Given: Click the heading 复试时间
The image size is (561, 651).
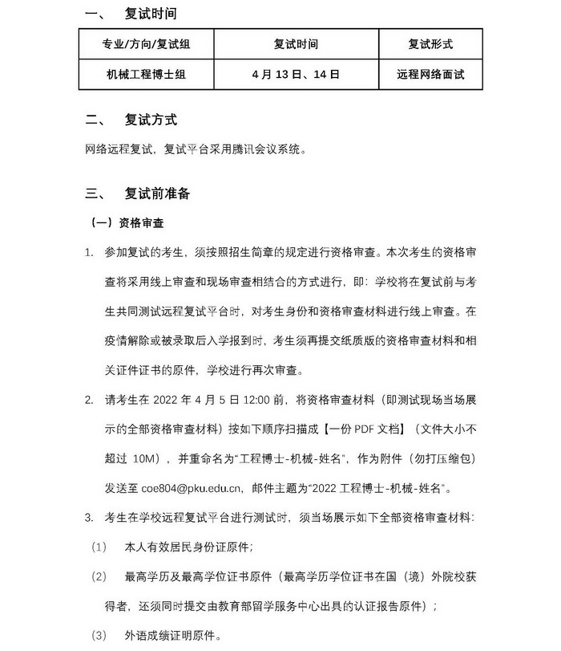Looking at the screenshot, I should [151, 14].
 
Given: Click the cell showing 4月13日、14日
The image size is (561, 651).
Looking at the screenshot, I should [295, 74].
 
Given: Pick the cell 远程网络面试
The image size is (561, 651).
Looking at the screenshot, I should [430, 74].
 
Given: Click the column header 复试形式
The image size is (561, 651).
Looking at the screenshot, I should [430, 44].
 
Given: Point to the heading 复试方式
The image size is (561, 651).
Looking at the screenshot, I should [151, 120].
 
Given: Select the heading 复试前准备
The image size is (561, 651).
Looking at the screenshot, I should [157, 193].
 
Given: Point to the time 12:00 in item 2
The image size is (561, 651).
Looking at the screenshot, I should [256, 399].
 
